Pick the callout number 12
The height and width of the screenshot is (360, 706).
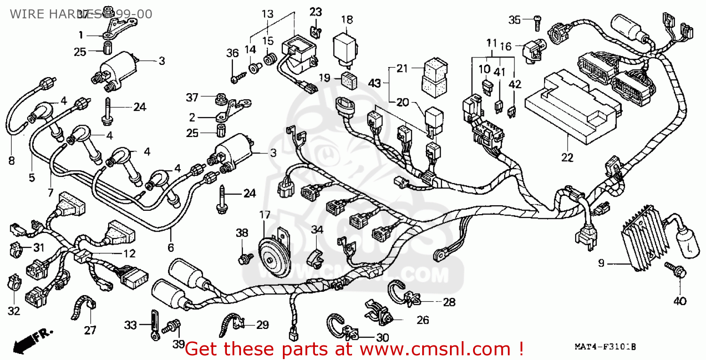(129, 254)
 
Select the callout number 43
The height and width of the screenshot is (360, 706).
(374, 83)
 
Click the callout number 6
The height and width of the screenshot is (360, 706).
(170, 247)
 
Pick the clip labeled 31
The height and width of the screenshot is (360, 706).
(17, 248)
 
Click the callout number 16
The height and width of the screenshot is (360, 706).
(505, 46)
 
